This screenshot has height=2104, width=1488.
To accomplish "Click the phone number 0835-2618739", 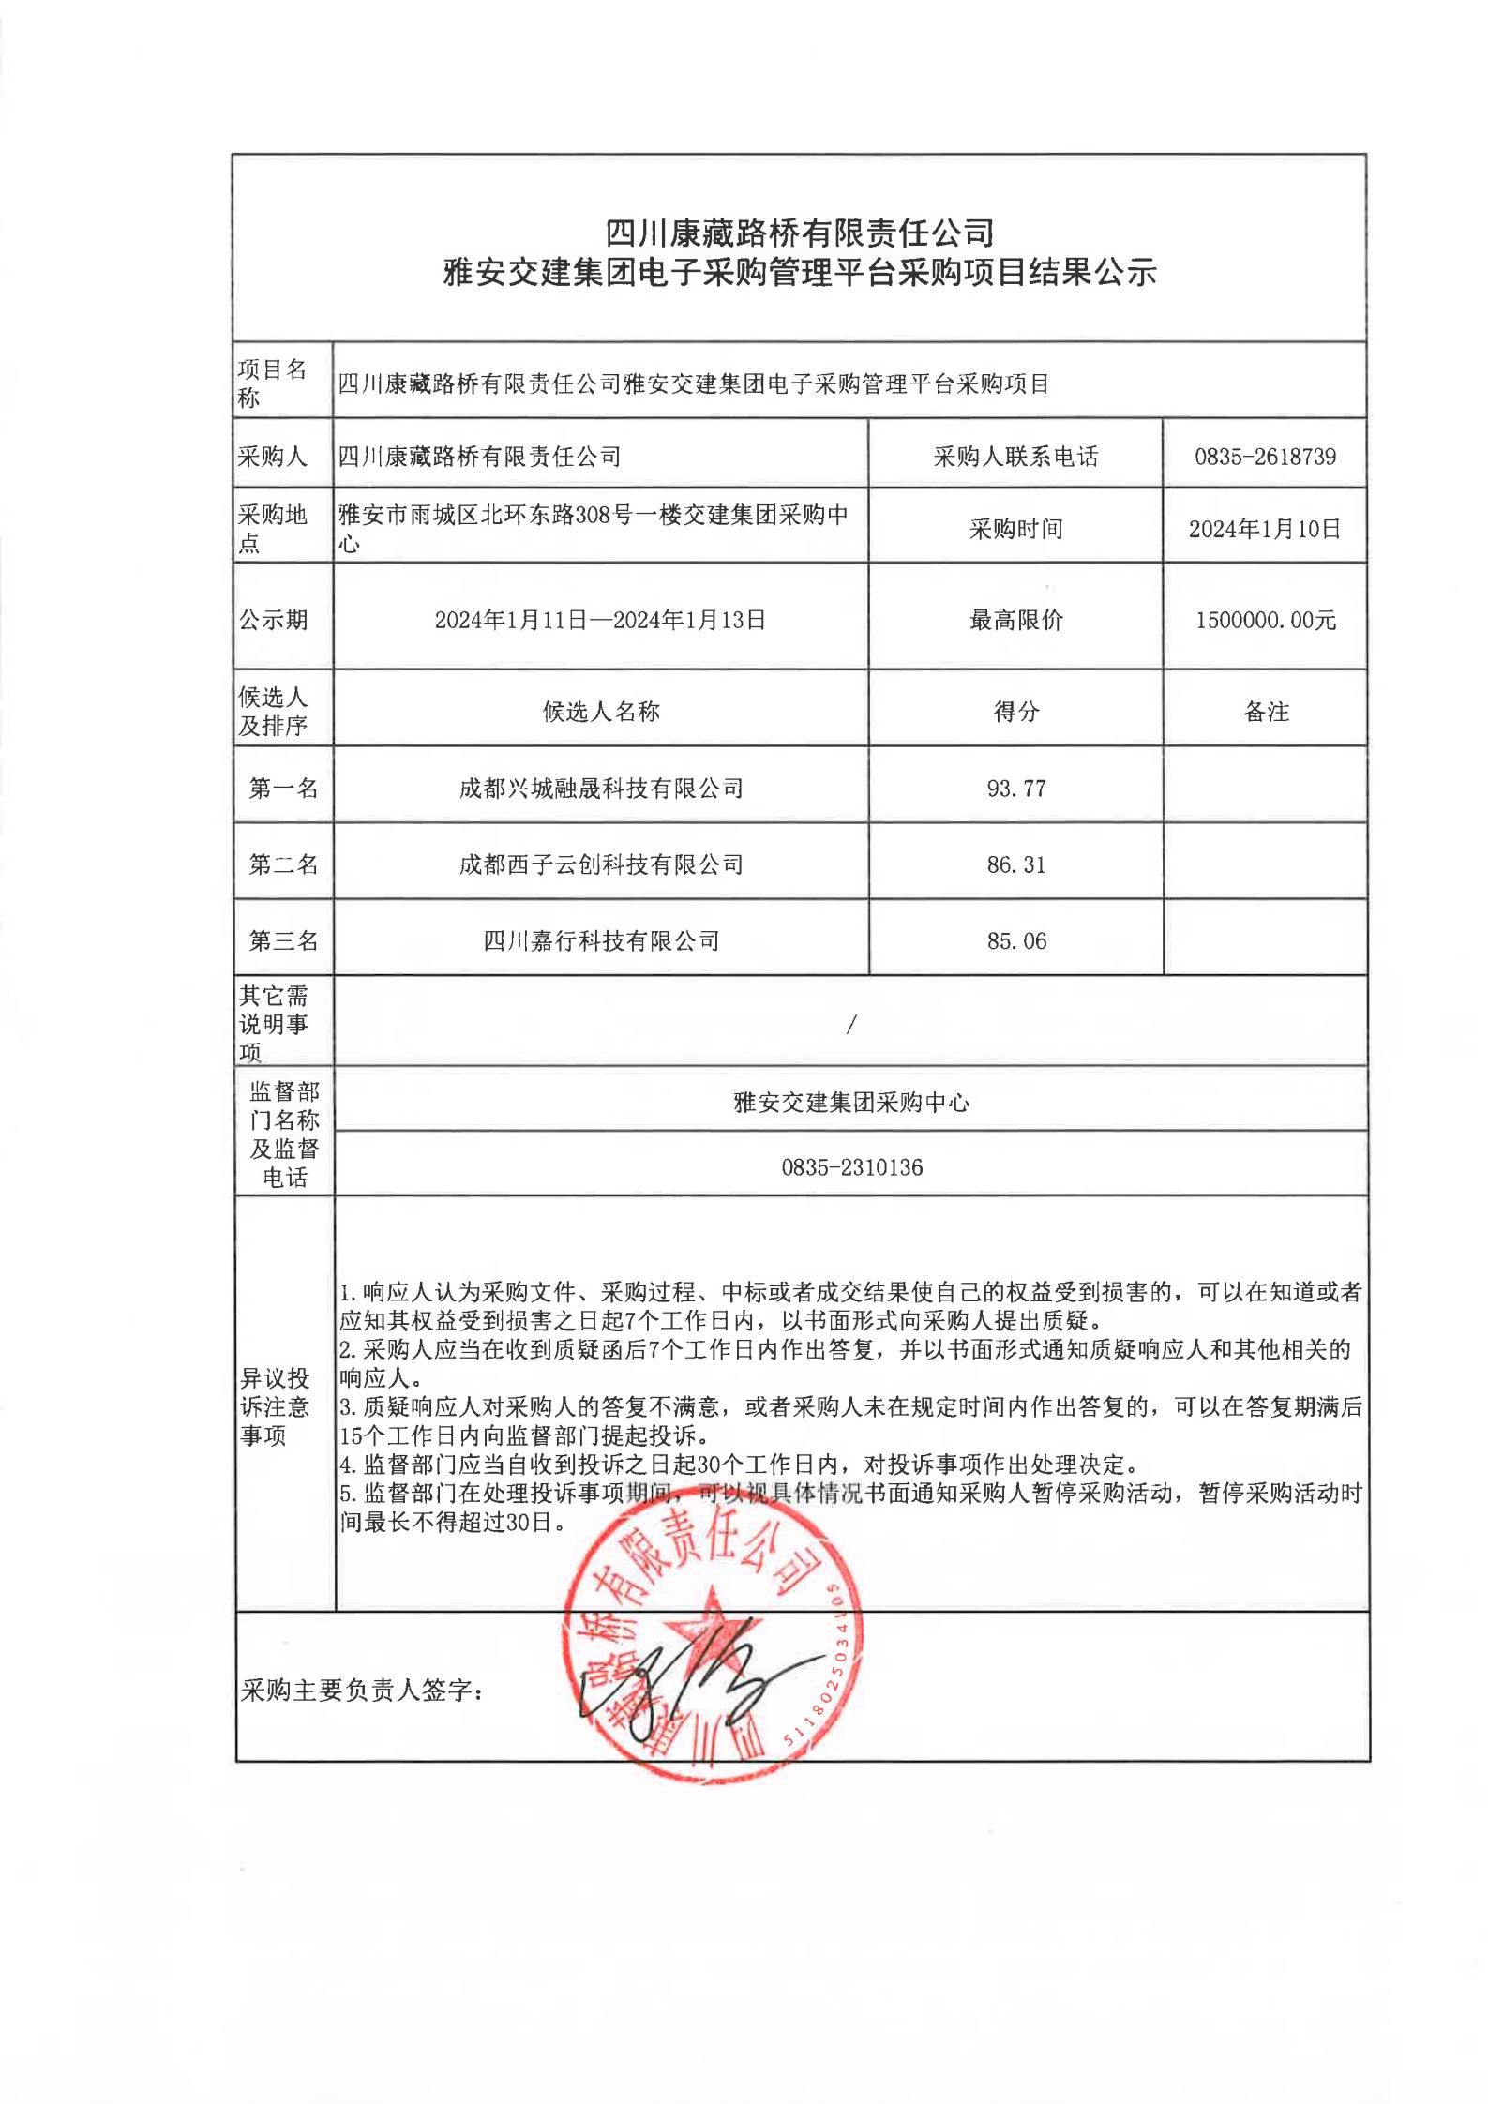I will click(1264, 457).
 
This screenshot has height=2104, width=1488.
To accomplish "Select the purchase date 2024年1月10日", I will click(1264, 529).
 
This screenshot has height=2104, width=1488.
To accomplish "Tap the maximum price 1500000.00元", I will click(1264, 620).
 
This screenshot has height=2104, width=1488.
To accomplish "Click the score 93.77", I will click(1015, 788).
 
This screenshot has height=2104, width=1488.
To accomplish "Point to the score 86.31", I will click(1015, 864).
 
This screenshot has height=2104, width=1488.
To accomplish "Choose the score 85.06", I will click(1015, 940).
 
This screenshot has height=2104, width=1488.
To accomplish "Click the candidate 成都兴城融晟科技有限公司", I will click(601, 788).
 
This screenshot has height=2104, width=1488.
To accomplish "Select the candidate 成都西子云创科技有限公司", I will click(601, 864).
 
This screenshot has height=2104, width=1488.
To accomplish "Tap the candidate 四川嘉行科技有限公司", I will click(601, 940).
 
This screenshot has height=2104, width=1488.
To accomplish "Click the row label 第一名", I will click(283, 788).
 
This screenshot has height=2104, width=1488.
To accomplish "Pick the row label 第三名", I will click(283, 940).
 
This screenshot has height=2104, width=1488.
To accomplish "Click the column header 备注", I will click(1266, 712).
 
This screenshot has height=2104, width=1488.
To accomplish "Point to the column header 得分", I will click(1015, 712).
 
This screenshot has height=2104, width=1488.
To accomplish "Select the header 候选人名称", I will click(601, 712).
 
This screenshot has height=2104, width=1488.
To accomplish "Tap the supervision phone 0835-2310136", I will click(851, 1167).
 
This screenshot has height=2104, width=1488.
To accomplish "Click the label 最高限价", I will click(1015, 620).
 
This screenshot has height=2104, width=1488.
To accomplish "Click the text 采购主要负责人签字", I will click(362, 1691).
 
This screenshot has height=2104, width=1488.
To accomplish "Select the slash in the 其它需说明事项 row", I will click(850, 1025).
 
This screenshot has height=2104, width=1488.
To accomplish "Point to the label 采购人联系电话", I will click(1015, 457).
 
